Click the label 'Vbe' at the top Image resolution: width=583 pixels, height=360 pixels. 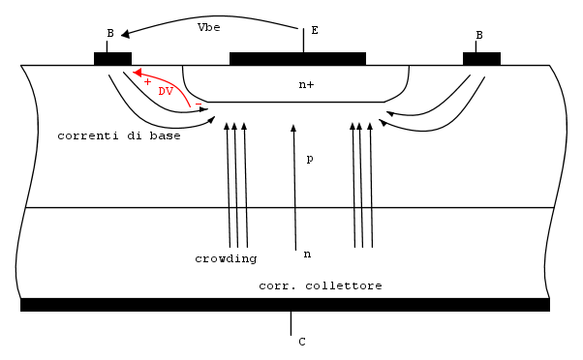pyautogui.click(x=208, y=27)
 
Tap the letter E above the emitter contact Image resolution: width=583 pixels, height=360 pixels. pyautogui.click(x=315, y=30)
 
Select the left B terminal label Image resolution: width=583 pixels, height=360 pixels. pyautogui.click(x=110, y=34)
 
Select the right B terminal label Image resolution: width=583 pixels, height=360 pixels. pyautogui.click(x=479, y=35)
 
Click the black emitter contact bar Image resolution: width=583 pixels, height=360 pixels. pyautogui.click(x=298, y=59)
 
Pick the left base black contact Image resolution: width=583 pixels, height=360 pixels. pyautogui.click(x=112, y=59)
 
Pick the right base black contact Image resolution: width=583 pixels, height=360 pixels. pyautogui.click(x=481, y=59)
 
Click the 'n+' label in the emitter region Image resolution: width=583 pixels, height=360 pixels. pyautogui.click(x=306, y=85)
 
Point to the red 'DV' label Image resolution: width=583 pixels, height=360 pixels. pyautogui.click(x=166, y=91)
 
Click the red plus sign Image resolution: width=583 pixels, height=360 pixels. pyautogui.click(x=147, y=81)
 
